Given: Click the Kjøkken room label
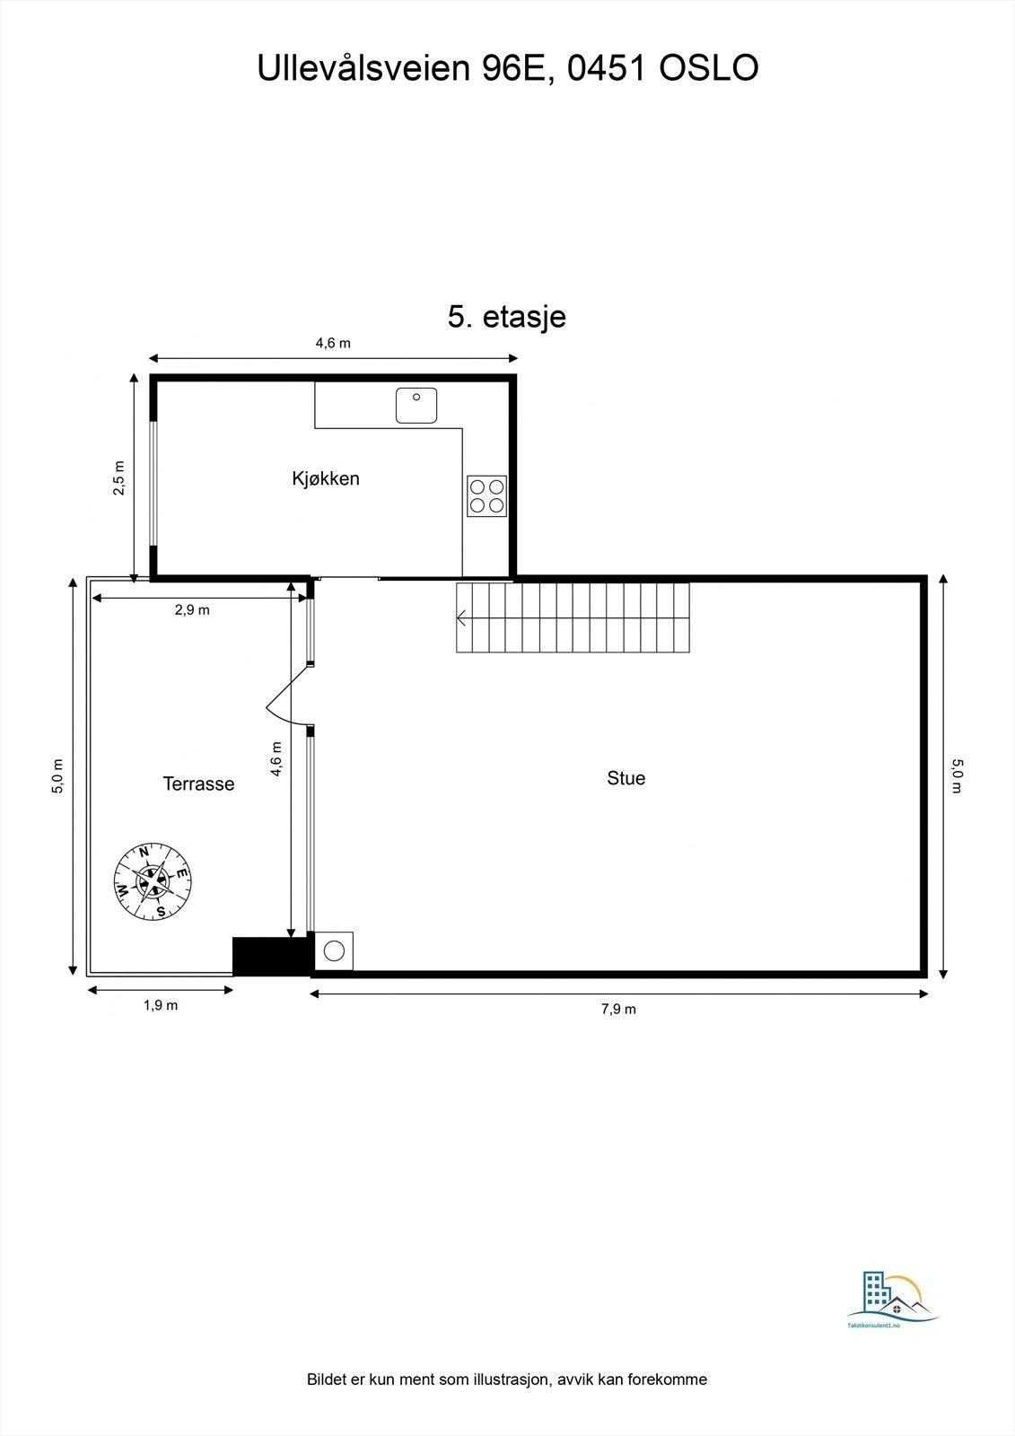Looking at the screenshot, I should [325, 478].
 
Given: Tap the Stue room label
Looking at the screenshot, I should [626, 778].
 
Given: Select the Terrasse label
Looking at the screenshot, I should [198, 784].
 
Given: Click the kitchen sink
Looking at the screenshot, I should [416, 406].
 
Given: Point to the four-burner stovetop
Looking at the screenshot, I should [486, 495].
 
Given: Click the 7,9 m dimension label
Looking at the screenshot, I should [618, 1009].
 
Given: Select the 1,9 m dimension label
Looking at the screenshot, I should [161, 1005].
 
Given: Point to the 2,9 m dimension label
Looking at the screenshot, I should [192, 610].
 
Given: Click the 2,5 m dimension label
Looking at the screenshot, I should [119, 477].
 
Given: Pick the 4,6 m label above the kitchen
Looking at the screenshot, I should [333, 343].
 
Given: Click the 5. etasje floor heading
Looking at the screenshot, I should [507, 317].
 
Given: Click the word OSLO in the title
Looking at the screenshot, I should [709, 69].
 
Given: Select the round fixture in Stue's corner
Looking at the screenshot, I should [335, 951].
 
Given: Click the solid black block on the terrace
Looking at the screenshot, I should [270, 956].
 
